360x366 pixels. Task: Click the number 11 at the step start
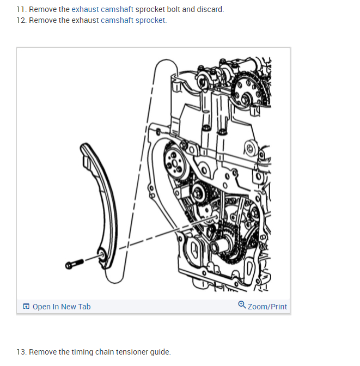tap(21, 10)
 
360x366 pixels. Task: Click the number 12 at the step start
tap(21, 20)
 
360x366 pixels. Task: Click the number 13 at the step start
tap(21, 352)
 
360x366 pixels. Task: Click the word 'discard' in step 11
tap(210, 10)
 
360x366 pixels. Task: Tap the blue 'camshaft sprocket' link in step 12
tap(133, 20)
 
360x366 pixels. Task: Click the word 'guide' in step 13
tap(159, 352)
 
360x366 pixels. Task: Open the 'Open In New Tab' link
tap(61, 307)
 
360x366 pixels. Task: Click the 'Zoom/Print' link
tap(267, 307)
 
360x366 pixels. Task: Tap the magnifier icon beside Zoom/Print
tap(242, 306)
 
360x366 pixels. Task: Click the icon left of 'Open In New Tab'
tap(26, 307)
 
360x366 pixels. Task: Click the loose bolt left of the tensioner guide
tap(74, 263)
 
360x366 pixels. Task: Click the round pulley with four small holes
tap(176, 162)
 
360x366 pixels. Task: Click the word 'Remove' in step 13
tap(42, 352)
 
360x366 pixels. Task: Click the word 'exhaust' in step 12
tap(85, 20)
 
